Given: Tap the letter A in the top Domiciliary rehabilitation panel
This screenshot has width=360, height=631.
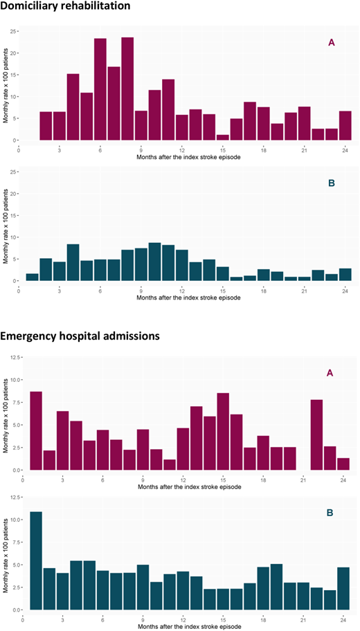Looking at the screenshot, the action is [x=332, y=43].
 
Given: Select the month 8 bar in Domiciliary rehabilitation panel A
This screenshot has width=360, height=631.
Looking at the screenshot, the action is [x=127, y=89].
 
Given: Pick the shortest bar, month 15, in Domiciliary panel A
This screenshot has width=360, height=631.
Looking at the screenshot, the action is [x=222, y=137].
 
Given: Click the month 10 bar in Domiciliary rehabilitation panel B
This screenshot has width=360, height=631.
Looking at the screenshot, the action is [x=154, y=262].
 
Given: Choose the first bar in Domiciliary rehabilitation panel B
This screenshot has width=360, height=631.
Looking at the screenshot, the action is [x=33, y=277].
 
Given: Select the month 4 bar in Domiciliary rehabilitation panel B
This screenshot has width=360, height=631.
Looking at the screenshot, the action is [x=73, y=262].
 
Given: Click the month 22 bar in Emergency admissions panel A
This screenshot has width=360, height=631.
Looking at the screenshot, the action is [x=316, y=435].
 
